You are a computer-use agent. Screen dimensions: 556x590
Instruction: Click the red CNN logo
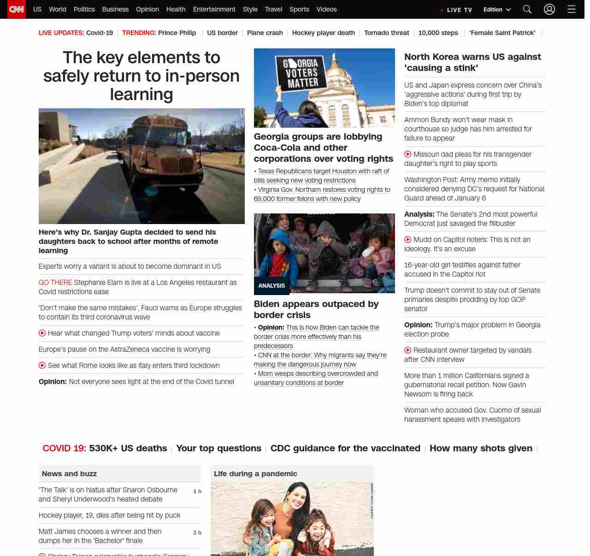click(17, 9)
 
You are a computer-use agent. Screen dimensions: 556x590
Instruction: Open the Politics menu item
click(84, 9)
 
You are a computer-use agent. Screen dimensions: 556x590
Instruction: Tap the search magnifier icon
click(527, 9)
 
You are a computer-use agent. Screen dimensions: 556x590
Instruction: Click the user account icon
click(549, 9)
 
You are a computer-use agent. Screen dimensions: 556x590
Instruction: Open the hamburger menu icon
click(572, 9)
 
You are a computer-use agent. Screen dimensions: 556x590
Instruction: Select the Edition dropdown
click(497, 10)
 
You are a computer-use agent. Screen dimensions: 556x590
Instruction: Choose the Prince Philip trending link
click(177, 33)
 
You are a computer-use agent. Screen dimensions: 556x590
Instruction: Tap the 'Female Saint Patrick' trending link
click(502, 33)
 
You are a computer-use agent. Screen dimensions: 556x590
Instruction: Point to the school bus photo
click(142, 166)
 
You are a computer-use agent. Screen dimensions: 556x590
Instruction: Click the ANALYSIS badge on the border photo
click(271, 286)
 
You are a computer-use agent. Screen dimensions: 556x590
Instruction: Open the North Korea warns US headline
click(472, 62)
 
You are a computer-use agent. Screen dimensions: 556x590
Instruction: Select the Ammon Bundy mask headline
click(468, 129)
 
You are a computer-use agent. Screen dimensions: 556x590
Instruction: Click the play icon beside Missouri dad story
click(408, 154)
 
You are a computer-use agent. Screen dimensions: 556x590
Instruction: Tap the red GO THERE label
click(55, 283)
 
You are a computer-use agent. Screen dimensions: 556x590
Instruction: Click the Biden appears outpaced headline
click(316, 309)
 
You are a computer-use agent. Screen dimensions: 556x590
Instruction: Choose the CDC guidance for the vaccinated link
click(345, 448)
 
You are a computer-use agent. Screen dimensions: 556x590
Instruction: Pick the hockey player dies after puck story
click(109, 515)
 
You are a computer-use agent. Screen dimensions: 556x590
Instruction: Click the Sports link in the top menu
click(299, 9)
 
